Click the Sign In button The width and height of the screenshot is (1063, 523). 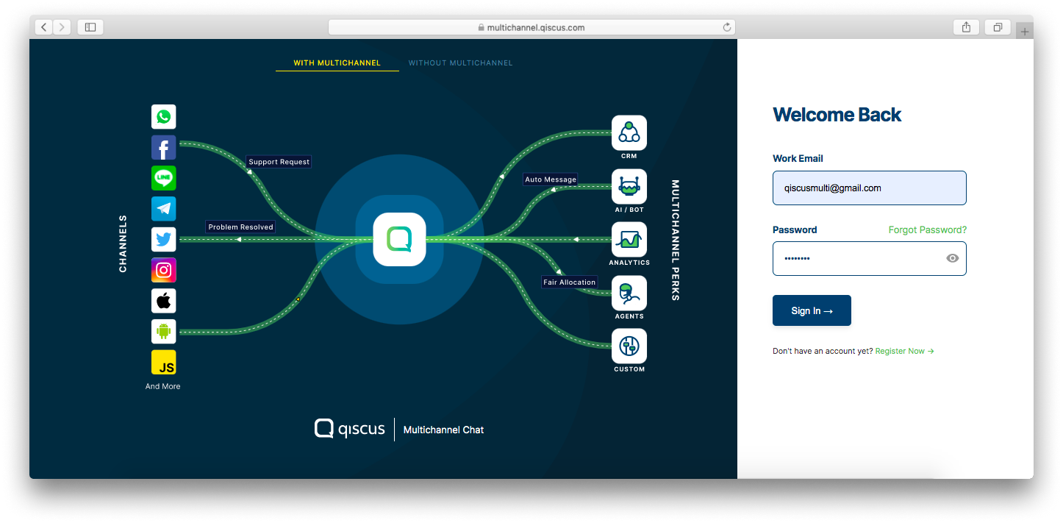[x=812, y=310]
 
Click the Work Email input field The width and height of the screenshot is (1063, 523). [x=869, y=188]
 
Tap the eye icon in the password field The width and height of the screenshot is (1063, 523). [x=952, y=258]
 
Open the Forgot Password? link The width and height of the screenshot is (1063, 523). [x=927, y=230]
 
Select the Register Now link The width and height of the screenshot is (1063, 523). [x=904, y=352]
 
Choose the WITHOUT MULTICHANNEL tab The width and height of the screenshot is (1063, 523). [x=460, y=63]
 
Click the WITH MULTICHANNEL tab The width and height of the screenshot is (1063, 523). [x=337, y=63]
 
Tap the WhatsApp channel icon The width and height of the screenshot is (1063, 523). [x=164, y=117]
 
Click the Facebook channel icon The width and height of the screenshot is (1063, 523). [x=164, y=148]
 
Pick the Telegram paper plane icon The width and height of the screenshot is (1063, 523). [x=164, y=209]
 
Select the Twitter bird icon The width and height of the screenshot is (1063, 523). [x=164, y=240]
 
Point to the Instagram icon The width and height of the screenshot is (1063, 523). [x=164, y=270]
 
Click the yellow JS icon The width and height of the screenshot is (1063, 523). [x=164, y=363]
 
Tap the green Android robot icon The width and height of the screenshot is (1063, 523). [x=164, y=332]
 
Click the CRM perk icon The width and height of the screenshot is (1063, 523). [x=629, y=132]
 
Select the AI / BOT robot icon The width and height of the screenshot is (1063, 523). [x=629, y=187]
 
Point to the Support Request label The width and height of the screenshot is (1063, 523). [x=279, y=162]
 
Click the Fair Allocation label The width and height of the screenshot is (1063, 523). [x=569, y=282]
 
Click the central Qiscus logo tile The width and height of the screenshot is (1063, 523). [x=399, y=239]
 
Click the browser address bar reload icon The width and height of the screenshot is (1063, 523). [x=727, y=27]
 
